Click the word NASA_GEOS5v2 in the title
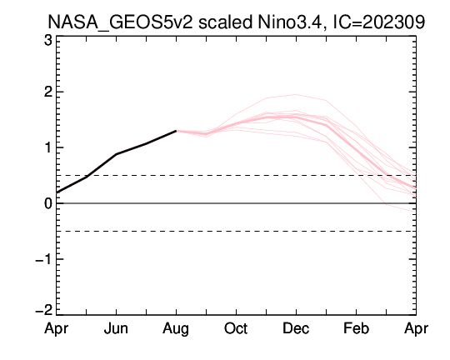tap(121, 22)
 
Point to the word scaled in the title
tap(225, 22)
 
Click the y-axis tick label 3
tap(48, 41)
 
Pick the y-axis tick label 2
tap(48, 92)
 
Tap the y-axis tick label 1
tap(48, 147)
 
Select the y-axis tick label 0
tap(48, 203)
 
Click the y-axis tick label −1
tap(44, 259)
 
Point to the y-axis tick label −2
tap(44, 310)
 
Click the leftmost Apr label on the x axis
tap(57, 329)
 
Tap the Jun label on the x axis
tap(116, 328)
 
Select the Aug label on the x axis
tap(176, 329)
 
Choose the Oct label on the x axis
tap(236, 328)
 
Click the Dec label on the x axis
tap(296, 328)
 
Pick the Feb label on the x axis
tap(356, 328)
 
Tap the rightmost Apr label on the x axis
tap(416, 329)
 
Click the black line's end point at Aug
tap(176, 131)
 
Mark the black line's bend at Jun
tap(116, 154)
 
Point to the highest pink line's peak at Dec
tap(296, 94)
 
